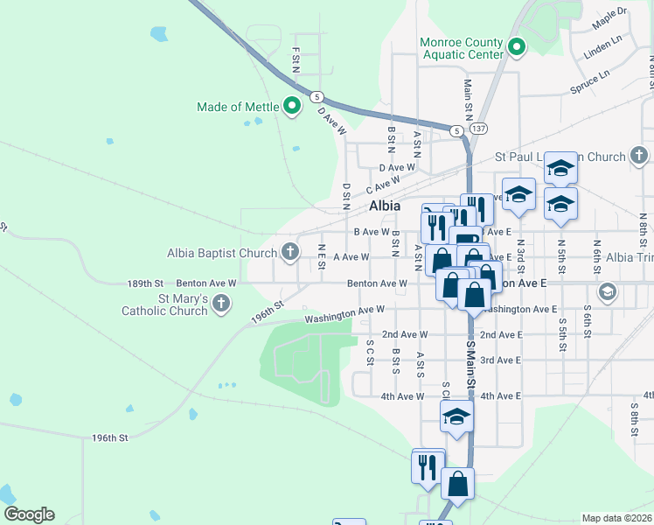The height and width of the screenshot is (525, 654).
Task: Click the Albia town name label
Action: pyautogui.click(x=385, y=206)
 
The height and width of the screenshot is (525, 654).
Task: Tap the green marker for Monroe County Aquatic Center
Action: pyautogui.click(x=516, y=48)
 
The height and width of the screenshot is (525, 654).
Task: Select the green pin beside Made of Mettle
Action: pyautogui.click(x=292, y=108)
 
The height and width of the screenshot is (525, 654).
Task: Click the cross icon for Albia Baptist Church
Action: pyautogui.click(x=290, y=254)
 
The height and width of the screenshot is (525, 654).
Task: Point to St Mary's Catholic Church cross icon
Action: pyautogui.click(x=221, y=304)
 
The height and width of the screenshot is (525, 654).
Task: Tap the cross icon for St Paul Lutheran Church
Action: pyautogui.click(x=639, y=157)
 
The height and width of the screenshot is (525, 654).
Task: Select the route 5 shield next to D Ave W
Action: pyautogui.click(x=317, y=96)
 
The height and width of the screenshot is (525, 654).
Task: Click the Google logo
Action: pyautogui.click(x=29, y=514)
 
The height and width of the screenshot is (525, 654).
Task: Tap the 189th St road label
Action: pyautogui.click(x=145, y=283)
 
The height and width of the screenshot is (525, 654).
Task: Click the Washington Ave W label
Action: pyautogui.click(x=344, y=312)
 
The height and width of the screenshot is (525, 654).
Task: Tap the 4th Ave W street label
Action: pyautogui.click(x=403, y=396)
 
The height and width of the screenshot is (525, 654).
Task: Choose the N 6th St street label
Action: pyautogui.click(x=596, y=255)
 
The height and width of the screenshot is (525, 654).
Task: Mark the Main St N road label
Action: pyautogui.click(x=468, y=95)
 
